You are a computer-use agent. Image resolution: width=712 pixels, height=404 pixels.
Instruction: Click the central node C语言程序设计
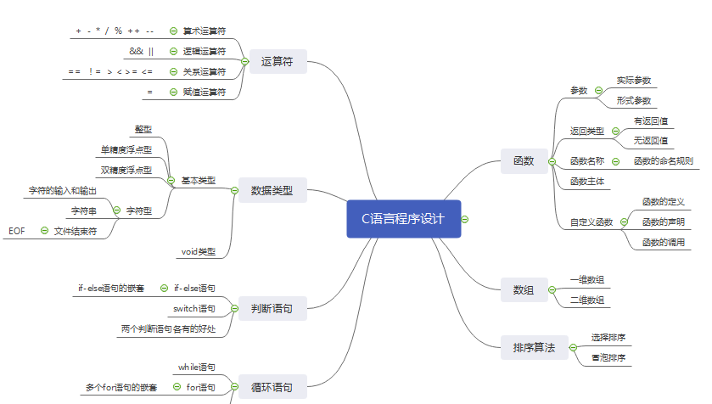(404, 219)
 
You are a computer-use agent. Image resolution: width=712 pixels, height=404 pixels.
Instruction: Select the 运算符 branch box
(278, 61)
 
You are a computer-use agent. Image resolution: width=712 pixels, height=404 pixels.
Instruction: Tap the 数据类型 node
(272, 190)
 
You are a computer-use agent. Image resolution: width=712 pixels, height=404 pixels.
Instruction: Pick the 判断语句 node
(272, 308)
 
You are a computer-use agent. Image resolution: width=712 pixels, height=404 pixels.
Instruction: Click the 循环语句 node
(272, 387)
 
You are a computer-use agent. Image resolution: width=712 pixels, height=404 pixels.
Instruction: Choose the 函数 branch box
(524, 160)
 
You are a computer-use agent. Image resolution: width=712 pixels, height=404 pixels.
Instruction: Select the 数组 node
(524, 289)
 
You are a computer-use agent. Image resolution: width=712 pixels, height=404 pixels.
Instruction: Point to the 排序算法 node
(534, 347)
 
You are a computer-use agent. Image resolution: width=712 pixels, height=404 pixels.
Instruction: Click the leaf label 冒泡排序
(608, 358)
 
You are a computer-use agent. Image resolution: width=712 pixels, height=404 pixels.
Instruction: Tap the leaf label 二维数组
(586, 299)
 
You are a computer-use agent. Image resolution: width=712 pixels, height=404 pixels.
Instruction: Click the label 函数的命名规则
(663, 160)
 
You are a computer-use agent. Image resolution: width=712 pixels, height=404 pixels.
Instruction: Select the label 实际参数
(634, 81)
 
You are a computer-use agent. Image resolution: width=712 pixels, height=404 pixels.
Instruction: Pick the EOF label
(17, 230)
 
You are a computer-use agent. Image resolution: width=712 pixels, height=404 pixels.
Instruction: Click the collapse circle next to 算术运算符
(173, 31)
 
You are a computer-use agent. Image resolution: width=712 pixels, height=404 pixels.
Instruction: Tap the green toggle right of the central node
(465, 219)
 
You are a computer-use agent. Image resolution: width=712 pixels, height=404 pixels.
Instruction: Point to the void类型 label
(199, 251)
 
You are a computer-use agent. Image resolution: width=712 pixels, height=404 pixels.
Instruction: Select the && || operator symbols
(142, 51)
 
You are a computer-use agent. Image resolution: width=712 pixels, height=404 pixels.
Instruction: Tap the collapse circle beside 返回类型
(615, 131)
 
